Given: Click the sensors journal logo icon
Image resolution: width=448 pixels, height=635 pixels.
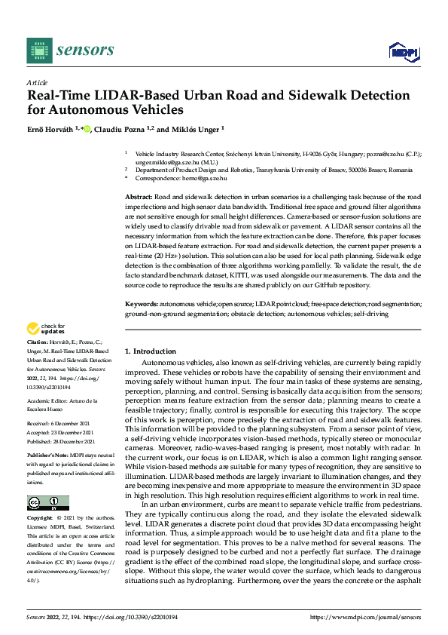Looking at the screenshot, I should click(39, 51).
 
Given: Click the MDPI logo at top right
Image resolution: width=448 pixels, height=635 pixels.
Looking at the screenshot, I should click(403, 51).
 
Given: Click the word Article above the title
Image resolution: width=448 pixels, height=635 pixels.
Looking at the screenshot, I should click(37, 82).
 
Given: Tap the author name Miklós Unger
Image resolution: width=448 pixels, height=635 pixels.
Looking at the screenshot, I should click(195, 129).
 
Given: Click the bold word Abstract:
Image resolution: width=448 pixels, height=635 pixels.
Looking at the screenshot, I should click(140, 196).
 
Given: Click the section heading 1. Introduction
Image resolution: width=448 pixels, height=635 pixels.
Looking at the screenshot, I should click(151, 351).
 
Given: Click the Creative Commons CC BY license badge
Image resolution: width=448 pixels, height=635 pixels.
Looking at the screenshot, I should click(47, 503).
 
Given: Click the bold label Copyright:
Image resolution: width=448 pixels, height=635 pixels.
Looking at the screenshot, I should click(40, 520).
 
